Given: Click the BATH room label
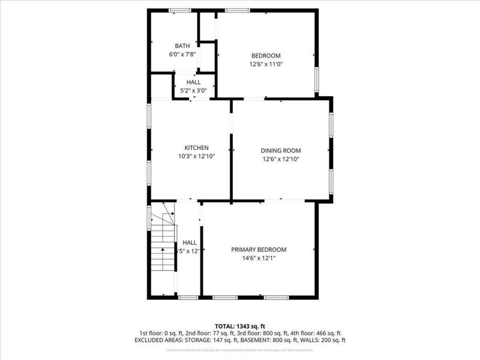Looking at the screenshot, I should tap(182, 46).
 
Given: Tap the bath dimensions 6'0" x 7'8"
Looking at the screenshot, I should tap(182, 55).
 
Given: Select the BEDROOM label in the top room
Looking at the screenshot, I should tap(266, 56).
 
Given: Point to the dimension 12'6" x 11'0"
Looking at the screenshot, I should tap(266, 64).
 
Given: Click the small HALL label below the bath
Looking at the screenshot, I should tap(193, 82).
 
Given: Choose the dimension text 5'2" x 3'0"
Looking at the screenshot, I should tap(193, 91).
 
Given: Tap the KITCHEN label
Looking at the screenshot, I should tap(196, 148).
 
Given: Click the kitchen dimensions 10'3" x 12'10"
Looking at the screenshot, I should tap(196, 156).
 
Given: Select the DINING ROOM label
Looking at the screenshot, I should tap(280, 151).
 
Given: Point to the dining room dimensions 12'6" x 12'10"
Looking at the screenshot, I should tap(280, 159).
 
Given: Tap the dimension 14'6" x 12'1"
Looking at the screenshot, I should tap(259, 258).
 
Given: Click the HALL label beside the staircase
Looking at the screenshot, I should tap(190, 243).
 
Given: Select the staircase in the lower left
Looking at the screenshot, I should tap(162, 246).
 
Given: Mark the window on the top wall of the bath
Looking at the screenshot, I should tap(179, 10).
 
